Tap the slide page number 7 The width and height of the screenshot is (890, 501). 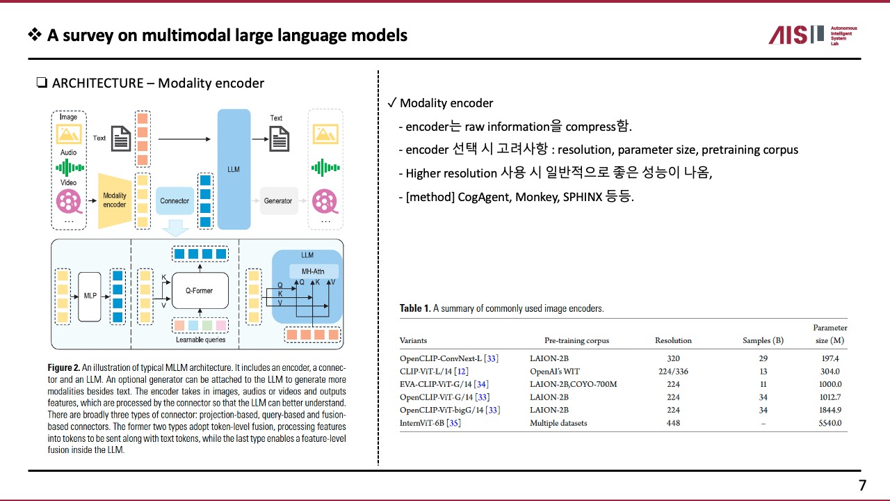pyautogui.click(x=862, y=486)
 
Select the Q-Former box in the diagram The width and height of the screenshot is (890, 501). pyautogui.click(x=200, y=290)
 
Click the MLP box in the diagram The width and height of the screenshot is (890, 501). pyautogui.click(x=90, y=296)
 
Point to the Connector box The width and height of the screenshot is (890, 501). pyautogui.click(x=175, y=200)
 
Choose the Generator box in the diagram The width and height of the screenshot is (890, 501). pyautogui.click(x=278, y=200)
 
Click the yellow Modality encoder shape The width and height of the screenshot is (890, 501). pyautogui.click(x=114, y=200)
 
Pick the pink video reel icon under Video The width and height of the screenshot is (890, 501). pyautogui.click(x=69, y=200)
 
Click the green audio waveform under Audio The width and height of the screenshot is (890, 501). pyautogui.click(x=69, y=168)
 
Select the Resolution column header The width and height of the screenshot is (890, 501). pyautogui.click(x=673, y=340)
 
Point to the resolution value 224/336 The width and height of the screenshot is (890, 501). pyautogui.click(x=673, y=372)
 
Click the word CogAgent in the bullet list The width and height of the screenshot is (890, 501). pyautogui.click(x=485, y=196)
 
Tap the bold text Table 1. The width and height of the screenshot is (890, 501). pyautogui.click(x=414, y=308)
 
